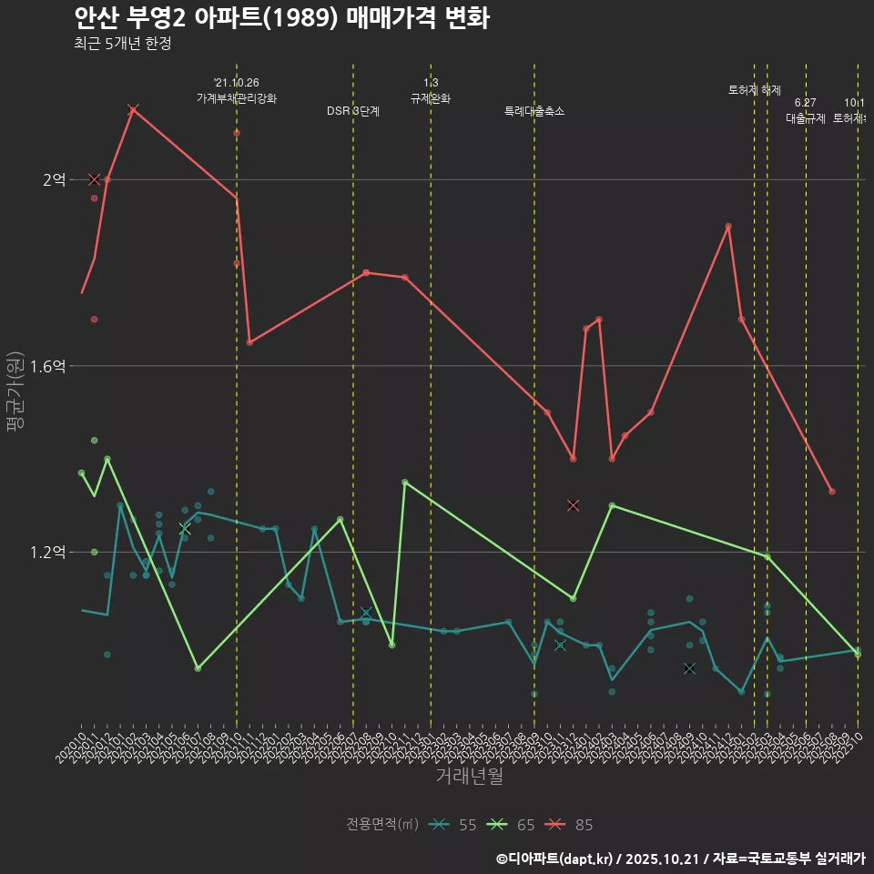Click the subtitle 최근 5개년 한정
(122, 44)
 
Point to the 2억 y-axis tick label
(54, 180)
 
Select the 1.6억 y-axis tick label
(47, 366)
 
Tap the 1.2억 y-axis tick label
(47, 553)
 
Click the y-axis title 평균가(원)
(15, 391)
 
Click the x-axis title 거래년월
(469, 777)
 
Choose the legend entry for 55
(455, 825)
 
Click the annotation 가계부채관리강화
(237, 97)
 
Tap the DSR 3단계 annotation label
(353, 111)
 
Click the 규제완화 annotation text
(431, 98)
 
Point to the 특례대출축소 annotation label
(534, 111)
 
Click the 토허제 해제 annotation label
(755, 90)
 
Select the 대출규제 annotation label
(805, 118)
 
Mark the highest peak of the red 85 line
(133, 109)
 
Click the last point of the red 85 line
(832, 492)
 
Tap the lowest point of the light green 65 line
(198, 668)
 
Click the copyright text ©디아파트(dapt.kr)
(555, 859)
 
